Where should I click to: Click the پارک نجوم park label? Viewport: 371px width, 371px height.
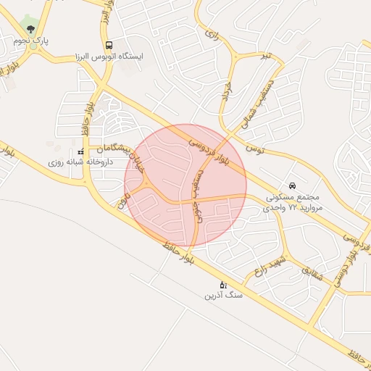click(30, 41)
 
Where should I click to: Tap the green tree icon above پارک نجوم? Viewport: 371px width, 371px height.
click(30, 29)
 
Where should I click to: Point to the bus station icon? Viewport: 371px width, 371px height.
click(109, 44)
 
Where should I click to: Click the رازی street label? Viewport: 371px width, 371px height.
click(212, 33)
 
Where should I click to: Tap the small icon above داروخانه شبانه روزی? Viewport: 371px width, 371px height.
click(80, 152)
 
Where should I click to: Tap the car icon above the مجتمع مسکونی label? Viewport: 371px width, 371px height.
click(292, 186)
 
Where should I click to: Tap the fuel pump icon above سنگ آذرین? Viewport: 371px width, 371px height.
click(222, 284)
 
